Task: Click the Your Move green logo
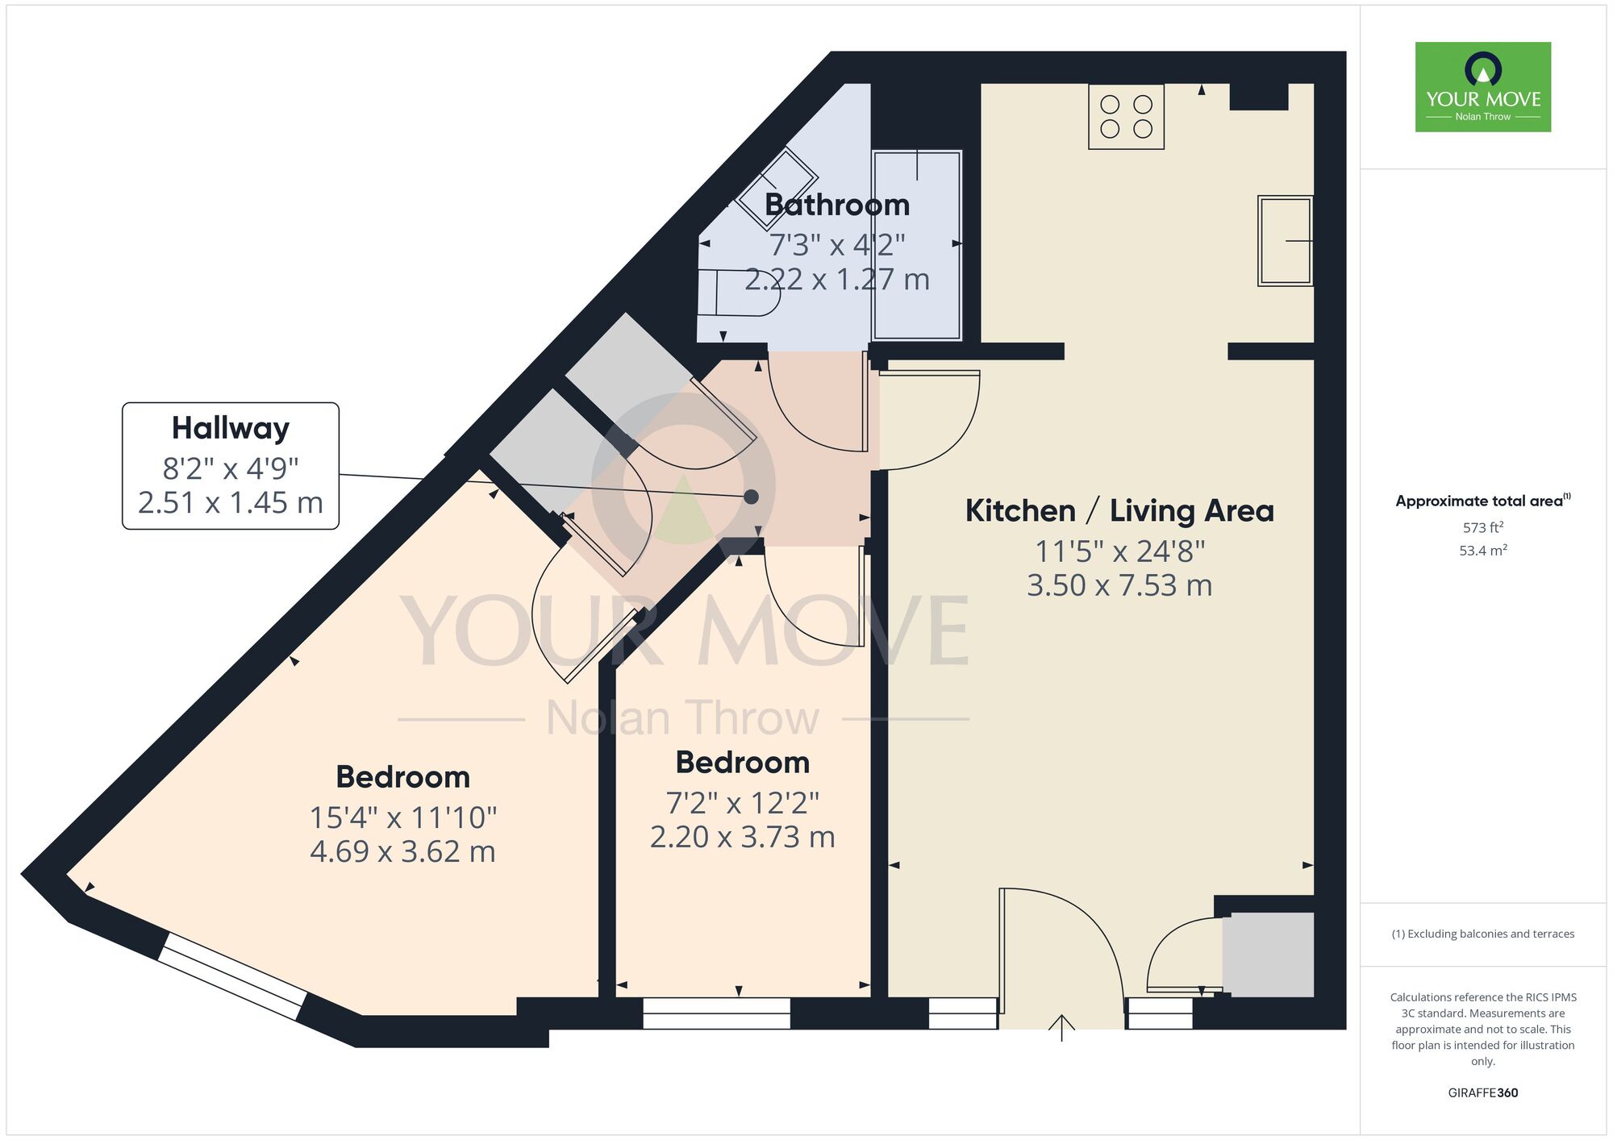pyautogui.click(x=1483, y=87)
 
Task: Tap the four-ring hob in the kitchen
pyautogui.click(x=1126, y=117)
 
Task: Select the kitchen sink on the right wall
pyautogui.click(x=1286, y=241)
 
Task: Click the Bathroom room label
pyautogui.click(x=837, y=205)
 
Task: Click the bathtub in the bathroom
pyautogui.click(x=918, y=245)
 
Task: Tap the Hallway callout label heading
pyautogui.click(x=231, y=428)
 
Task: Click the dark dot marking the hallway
pyautogui.click(x=751, y=497)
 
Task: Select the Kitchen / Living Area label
pyautogui.click(x=1119, y=511)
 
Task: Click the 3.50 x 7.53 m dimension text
pyautogui.click(x=1119, y=585)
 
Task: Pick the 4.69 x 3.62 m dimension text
pyautogui.click(x=402, y=851)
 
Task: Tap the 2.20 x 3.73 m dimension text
pyautogui.click(x=742, y=837)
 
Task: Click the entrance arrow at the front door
pyautogui.click(x=1061, y=1028)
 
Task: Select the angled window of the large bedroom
pyautogui.click(x=231, y=976)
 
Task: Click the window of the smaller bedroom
pyautogui.click(x=716, y=1013)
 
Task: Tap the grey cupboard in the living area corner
pyautogui.click(x=1268, y=955)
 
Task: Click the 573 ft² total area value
pyautogui.click(x=1483, y=527)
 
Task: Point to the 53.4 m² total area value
pyautogui.click(x=1483, y=551)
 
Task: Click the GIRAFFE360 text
pyautogui.click(x=1483, y=1093)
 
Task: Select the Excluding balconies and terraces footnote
pyautogui.click(x=1483, y=934)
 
